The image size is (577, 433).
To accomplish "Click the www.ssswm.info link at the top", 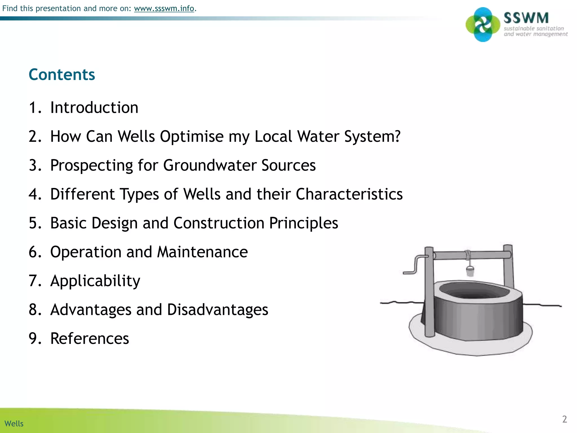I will (164, 8).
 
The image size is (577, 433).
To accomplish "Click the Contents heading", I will (62, 75).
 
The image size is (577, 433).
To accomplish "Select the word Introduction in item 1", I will (94, 108).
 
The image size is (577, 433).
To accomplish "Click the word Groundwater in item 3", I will (210, 165).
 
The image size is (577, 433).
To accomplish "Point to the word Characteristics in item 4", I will (349, 194).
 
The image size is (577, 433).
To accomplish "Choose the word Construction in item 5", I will (219, 223).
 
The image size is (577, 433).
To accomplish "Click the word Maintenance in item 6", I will (202, 252).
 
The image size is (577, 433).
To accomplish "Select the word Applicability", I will (95, 281).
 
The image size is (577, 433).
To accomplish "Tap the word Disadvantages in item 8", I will (217, 310).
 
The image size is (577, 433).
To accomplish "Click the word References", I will (89, 339).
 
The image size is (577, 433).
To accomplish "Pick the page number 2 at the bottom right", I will (564, 419).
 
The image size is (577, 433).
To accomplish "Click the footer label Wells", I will (14, 424).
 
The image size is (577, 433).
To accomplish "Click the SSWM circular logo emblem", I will (483, 25).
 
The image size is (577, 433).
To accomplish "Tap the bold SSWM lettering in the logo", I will (526, 18).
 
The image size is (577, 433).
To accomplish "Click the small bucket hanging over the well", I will (470, 271).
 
